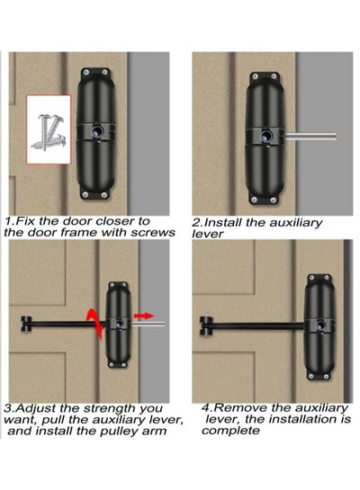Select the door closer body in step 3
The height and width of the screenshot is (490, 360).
pos(121,324)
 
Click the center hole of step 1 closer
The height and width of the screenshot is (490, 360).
pos(95,130)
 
